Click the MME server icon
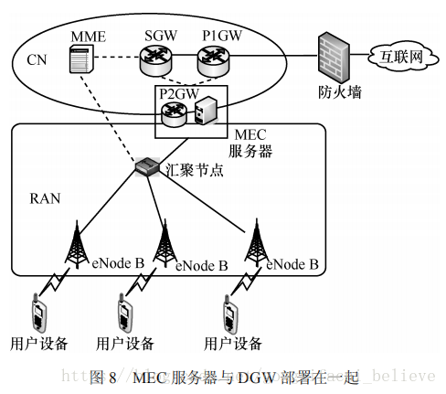tap(81, 61)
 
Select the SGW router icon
tap(156, 61)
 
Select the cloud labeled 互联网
tap(401, 57)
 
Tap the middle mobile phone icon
tap(123, 313)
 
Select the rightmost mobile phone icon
tap(229, 313)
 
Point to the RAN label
tap(44, 197)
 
